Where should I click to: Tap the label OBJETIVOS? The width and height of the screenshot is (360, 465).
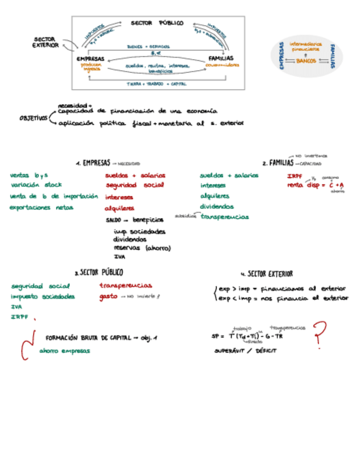coord(33,118)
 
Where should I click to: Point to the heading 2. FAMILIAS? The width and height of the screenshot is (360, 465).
coord(278,163)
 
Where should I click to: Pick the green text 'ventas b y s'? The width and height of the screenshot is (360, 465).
coord(29,175)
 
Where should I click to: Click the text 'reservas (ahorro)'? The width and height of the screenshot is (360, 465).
coord(142,248)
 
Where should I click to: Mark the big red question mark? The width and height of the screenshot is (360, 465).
coord(319,334)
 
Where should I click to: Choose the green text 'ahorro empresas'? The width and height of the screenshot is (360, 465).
coord(64,350)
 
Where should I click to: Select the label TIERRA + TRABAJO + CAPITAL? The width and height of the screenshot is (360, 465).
coord(156,84)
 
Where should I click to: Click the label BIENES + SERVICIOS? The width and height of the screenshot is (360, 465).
coord(148,47)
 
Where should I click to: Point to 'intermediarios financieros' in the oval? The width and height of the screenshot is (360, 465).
coord(305,46)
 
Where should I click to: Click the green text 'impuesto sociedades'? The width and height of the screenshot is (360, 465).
coord(43,296)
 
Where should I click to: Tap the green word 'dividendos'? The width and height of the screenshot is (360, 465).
coord(216,207)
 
